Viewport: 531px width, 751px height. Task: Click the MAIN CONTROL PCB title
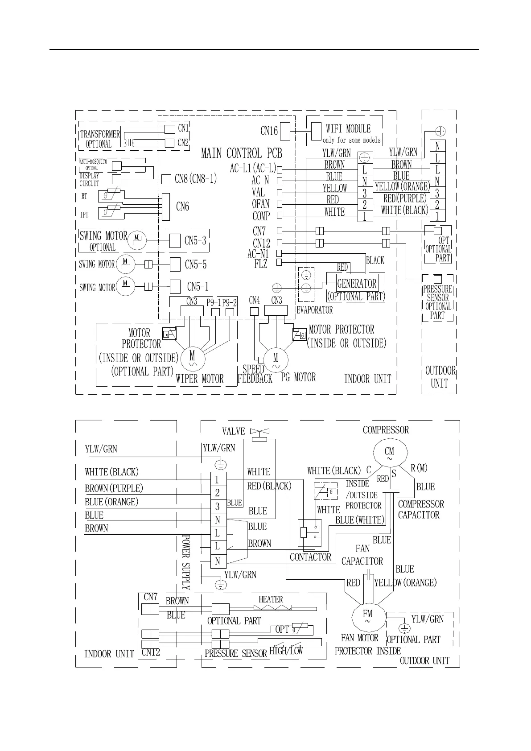click(x=242, y=153)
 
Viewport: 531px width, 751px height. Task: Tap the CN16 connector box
click(x=285, y=131)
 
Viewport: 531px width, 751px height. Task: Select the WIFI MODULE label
click(x=348, y=129)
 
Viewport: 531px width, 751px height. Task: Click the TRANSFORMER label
click(x=100, y=134)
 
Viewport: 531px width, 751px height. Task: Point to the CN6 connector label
click(x=182, y=206)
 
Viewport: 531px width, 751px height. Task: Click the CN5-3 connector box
click(x=175, y=241)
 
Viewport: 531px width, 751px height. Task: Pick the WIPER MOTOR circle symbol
click(x=193, y=357)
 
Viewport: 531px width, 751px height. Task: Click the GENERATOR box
click(x=357, y=283)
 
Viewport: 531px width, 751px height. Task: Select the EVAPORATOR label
click(x=314, y=310)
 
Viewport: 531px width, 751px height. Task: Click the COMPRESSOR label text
click(x=386, y=430)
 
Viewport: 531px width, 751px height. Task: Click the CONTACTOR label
click(x=310, y=557)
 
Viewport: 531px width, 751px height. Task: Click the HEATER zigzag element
click(x=273, y=607)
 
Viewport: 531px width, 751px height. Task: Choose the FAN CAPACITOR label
click(x=362, y=555)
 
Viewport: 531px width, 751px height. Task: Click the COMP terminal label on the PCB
click(x=261, y=216)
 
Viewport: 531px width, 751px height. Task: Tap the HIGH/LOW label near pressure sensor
click(x=286, y=651)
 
